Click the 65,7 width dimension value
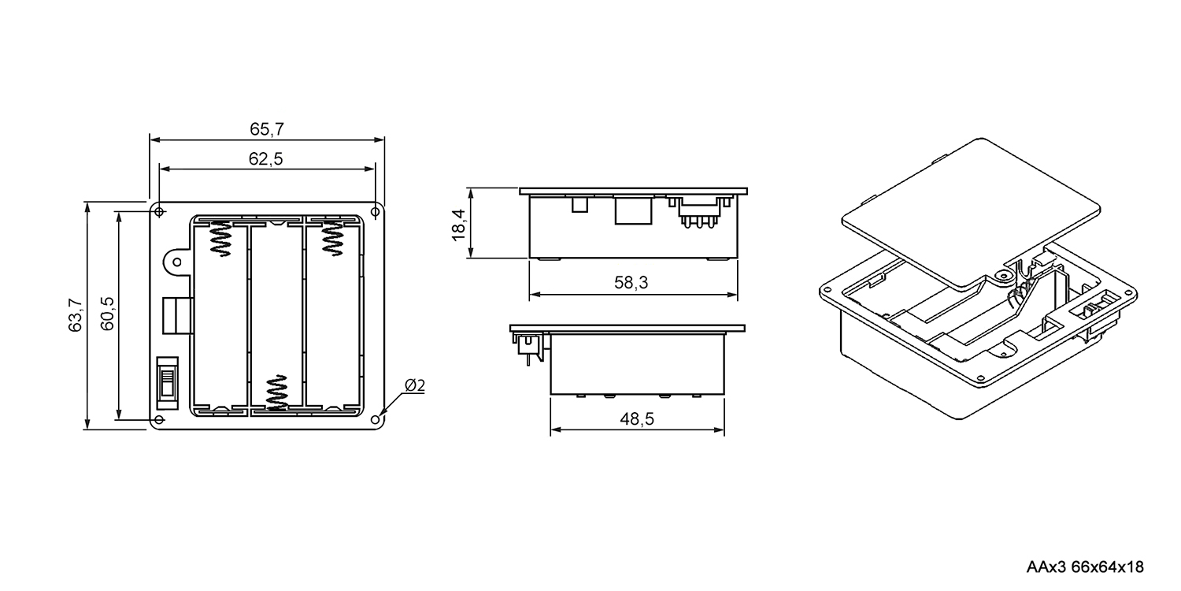click(x=267, y=129)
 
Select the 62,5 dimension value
click(x=266, y=159)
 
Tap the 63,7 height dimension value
click(x=76, y=315)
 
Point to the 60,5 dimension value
click(x=107, y=314)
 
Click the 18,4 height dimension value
click(x=459, y=225)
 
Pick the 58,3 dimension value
click(x=631, y=283)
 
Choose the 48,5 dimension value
click(x=637, y=419)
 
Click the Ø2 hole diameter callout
click(x=415, y=386)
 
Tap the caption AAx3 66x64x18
click(x=1085, y=567)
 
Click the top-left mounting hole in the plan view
click(x=159, y=212)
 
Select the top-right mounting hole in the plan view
click(x=376, y=212)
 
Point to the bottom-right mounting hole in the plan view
click(x=376, y=420)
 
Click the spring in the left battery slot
click(x=221, y=238)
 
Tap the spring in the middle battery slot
click(x=277, y=392)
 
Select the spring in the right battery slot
click(x=332, y=238)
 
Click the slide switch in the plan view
click(x=168, y=383)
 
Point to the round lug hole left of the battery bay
click(x=177, y=262)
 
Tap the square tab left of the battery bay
click(x=176, y=315)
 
